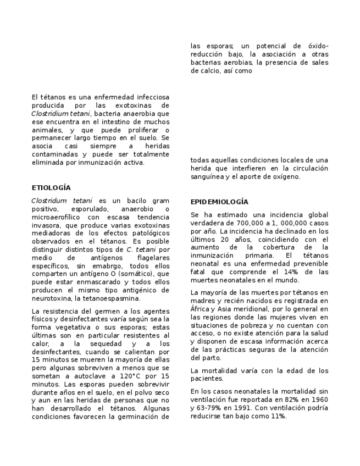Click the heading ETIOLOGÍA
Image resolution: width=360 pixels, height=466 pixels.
click(x=51, y=188)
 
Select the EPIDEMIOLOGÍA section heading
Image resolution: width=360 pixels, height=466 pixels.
click(x=219, y=202)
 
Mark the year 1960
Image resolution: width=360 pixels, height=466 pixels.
click(x=319, y=398)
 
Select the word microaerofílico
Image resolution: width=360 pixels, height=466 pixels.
click(x=59, y=218)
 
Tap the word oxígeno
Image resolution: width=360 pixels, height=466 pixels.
click(x=286, y=177)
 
